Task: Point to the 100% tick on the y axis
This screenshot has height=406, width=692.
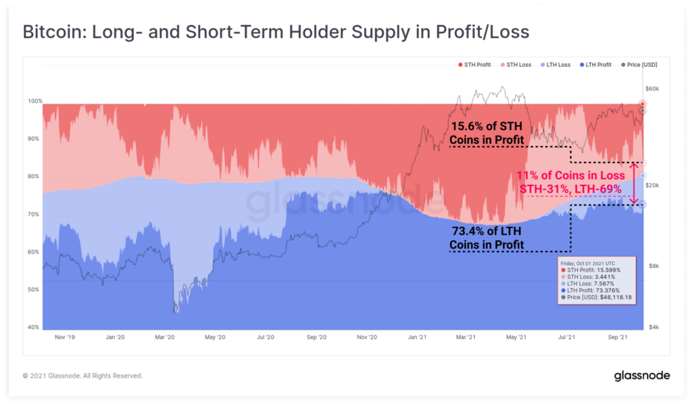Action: point(34,101)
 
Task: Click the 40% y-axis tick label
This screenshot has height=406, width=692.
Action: point(34,328)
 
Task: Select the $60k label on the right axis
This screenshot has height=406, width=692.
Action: point(651,89)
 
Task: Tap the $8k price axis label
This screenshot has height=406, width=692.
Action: point(651,266)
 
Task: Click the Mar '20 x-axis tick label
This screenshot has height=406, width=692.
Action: point(165,336)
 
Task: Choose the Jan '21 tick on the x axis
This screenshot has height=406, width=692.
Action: point(418,336)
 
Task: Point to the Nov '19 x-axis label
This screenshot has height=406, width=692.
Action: point(65,336)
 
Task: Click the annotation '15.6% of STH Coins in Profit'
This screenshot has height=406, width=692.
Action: point(487,133)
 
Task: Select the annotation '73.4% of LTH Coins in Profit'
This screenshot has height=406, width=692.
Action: point(489,238)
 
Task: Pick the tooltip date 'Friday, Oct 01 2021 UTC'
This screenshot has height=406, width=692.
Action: point(588,264)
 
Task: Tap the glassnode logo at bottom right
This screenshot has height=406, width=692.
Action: point(642,376)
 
